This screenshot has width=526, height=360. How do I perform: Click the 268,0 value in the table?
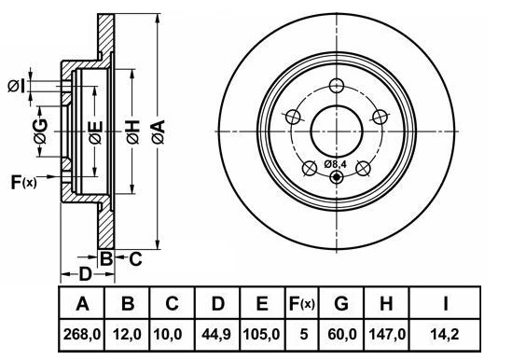(x=82, y=335)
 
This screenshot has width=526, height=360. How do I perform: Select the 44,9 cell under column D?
(x=216, y=335)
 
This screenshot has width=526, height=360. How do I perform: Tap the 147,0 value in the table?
(x=387, y=335)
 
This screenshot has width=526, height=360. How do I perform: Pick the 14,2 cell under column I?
(x=445, y=335)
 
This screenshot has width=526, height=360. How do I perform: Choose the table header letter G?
(x=341, y=303)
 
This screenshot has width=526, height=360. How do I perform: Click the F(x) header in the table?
(x=302, y=304)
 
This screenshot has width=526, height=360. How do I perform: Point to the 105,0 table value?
(x=261, y=335)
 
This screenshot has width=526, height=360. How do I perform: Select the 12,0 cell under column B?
(x=127, y=335)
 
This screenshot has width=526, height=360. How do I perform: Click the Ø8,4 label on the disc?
(x=335, y=164)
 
